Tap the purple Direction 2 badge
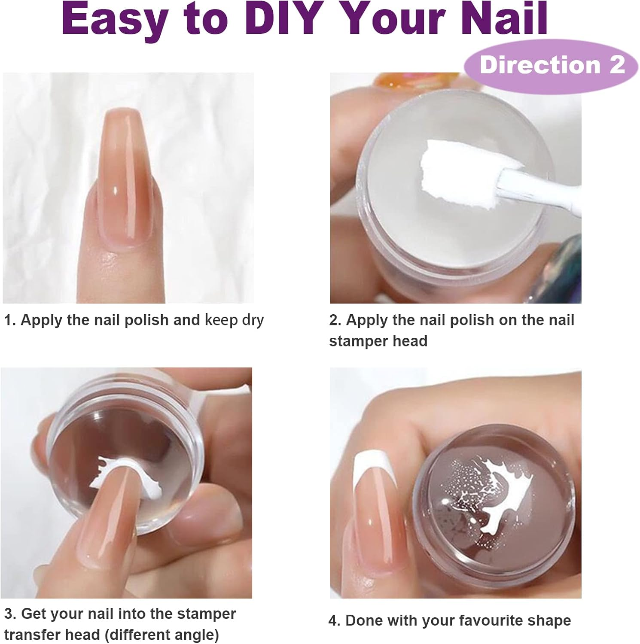click(x=552, y=65)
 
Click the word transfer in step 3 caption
click(x=34, y=635)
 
